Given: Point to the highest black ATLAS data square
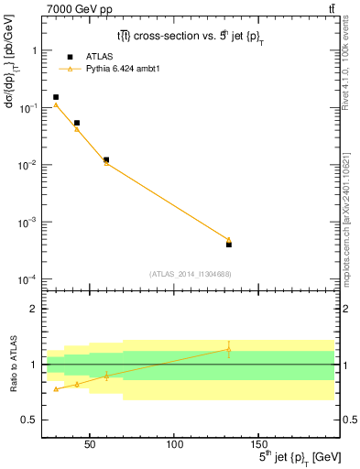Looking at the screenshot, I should point(56,97).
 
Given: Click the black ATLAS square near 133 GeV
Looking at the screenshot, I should point(229,245).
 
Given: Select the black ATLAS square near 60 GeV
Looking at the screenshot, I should point(106,159).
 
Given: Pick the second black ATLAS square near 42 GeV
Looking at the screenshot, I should point(77,123).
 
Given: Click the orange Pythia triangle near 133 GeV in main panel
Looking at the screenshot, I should point(229,239).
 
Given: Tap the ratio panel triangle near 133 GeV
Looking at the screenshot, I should point(229,349).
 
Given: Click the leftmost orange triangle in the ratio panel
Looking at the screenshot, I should point(56,389).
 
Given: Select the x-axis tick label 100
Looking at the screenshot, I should point(174,445).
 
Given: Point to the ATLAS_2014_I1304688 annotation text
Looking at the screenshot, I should point(190,274).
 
